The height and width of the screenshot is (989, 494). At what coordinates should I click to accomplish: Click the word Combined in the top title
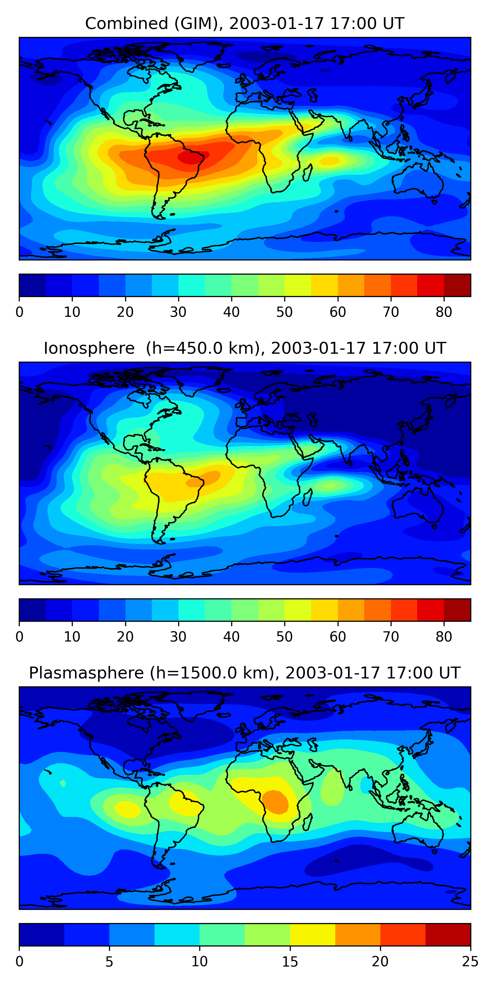[x=127, y=23]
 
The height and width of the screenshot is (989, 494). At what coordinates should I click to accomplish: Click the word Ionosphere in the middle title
[x=89, y=348]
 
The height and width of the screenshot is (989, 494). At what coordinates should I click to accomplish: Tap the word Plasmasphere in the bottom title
[x=86, y=673]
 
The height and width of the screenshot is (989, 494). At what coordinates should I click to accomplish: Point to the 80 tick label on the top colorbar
[x=444, y=312]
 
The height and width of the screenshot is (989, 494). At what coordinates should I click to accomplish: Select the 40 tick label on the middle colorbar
[x=231, y=637]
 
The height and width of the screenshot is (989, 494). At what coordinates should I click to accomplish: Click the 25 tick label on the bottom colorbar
[x=470, y=962]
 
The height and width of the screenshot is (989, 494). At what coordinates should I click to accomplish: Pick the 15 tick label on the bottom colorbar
[x=290, y=962]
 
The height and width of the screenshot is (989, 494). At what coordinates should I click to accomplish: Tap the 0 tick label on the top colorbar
[x=19, y=312]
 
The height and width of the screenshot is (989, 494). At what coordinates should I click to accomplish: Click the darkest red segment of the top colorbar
[x=457, y=285]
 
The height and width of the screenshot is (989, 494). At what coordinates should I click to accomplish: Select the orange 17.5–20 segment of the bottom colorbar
[x=358, y=935]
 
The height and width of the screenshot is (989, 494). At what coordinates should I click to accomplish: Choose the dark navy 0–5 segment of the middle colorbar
[x=33, y=610]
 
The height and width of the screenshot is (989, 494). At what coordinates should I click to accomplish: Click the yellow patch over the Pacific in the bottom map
[x=128, y=809]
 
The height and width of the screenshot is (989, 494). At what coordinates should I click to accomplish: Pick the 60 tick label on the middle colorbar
[x=338, y=637]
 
